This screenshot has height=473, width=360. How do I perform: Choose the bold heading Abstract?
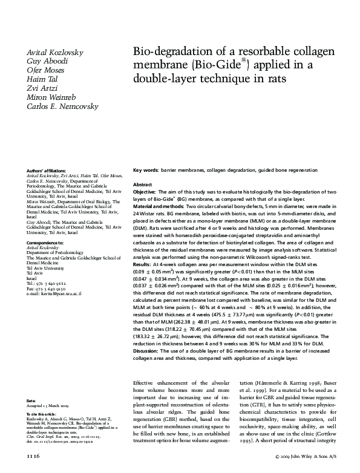[142, 184]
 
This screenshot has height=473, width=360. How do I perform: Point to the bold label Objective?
[145, 191]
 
